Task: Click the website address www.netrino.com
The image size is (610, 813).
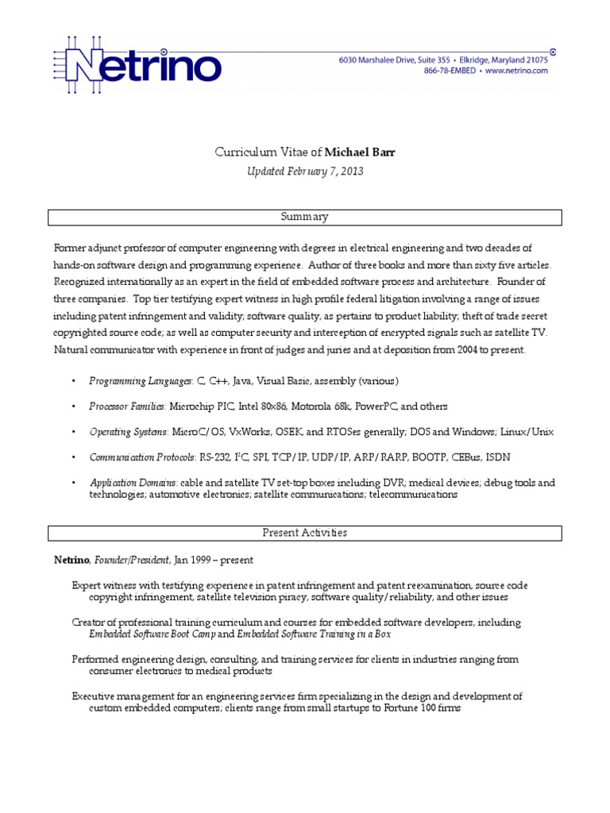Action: (x=516, y=71)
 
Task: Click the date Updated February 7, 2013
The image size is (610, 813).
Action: (x=306, y=171)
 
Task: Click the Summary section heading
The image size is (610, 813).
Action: (x=305, y=217)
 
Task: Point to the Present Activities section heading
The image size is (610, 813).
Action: (x=305, y=533)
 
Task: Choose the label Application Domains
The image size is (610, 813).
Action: (x=133, y=483)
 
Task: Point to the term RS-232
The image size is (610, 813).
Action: (x=209, y=457)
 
